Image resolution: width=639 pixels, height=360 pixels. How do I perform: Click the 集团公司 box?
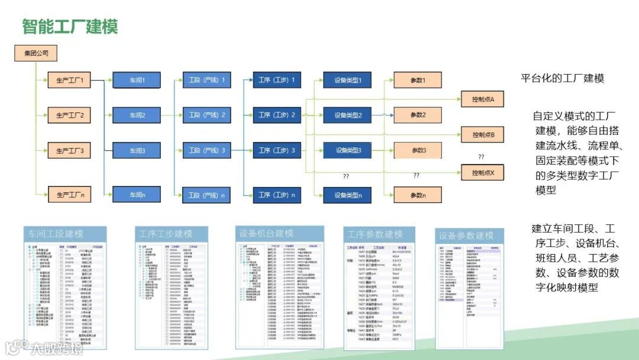tap(36, 53)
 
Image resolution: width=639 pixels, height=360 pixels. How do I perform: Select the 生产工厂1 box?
tap(70, 80)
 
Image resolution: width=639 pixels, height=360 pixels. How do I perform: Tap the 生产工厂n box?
tap(70, 194)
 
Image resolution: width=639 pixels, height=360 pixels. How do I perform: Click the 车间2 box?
tap(137, 115)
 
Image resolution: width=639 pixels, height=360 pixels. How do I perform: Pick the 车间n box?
tap(137, 194)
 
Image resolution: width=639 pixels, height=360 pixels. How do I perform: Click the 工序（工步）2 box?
tap(276, 115)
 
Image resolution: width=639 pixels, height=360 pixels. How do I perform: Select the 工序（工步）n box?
tap(276, 194)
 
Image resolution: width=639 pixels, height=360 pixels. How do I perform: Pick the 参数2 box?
tap(418, 115)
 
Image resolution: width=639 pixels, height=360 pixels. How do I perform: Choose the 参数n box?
tap(418, 195)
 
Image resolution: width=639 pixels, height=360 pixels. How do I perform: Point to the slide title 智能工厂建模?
tap(70, 26)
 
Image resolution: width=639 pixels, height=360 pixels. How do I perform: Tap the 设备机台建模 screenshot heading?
tap(266, 233)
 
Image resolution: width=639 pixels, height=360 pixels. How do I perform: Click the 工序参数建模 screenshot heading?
tap(375, 234)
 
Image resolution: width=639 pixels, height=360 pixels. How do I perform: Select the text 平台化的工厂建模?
tap(561, 79)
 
